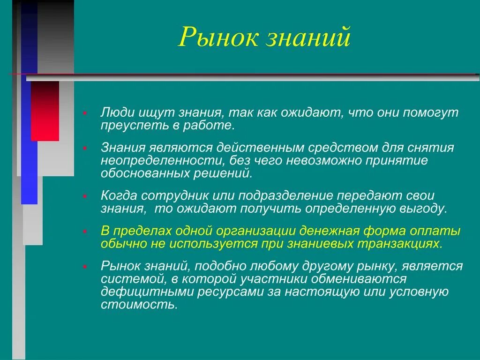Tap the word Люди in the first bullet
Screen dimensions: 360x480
[x=117, y=113]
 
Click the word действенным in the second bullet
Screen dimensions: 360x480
[x=260, y=148]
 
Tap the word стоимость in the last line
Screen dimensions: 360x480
[x=139, y=305]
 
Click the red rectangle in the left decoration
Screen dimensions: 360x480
[x=45, y=111]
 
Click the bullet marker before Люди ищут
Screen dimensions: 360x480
[x=85, y=113]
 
